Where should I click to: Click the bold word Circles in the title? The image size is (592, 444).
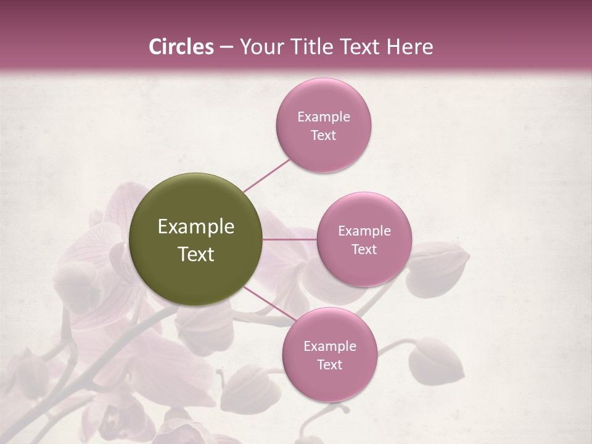(181, 47)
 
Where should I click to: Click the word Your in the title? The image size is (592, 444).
(258, 47)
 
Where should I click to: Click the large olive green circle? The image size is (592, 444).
(196, 239)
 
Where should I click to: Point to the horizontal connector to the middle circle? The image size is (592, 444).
(290, 239)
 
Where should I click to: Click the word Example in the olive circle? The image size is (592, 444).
(196, 227)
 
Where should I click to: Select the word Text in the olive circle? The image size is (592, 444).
(196, 254)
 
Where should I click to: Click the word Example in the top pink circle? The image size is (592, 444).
(324, 117)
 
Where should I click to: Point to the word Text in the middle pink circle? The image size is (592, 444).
(364, 249)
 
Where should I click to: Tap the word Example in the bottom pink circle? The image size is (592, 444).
(329, 346)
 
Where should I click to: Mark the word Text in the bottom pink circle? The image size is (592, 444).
(329, 364)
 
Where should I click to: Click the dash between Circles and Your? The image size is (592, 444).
(226, 47)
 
